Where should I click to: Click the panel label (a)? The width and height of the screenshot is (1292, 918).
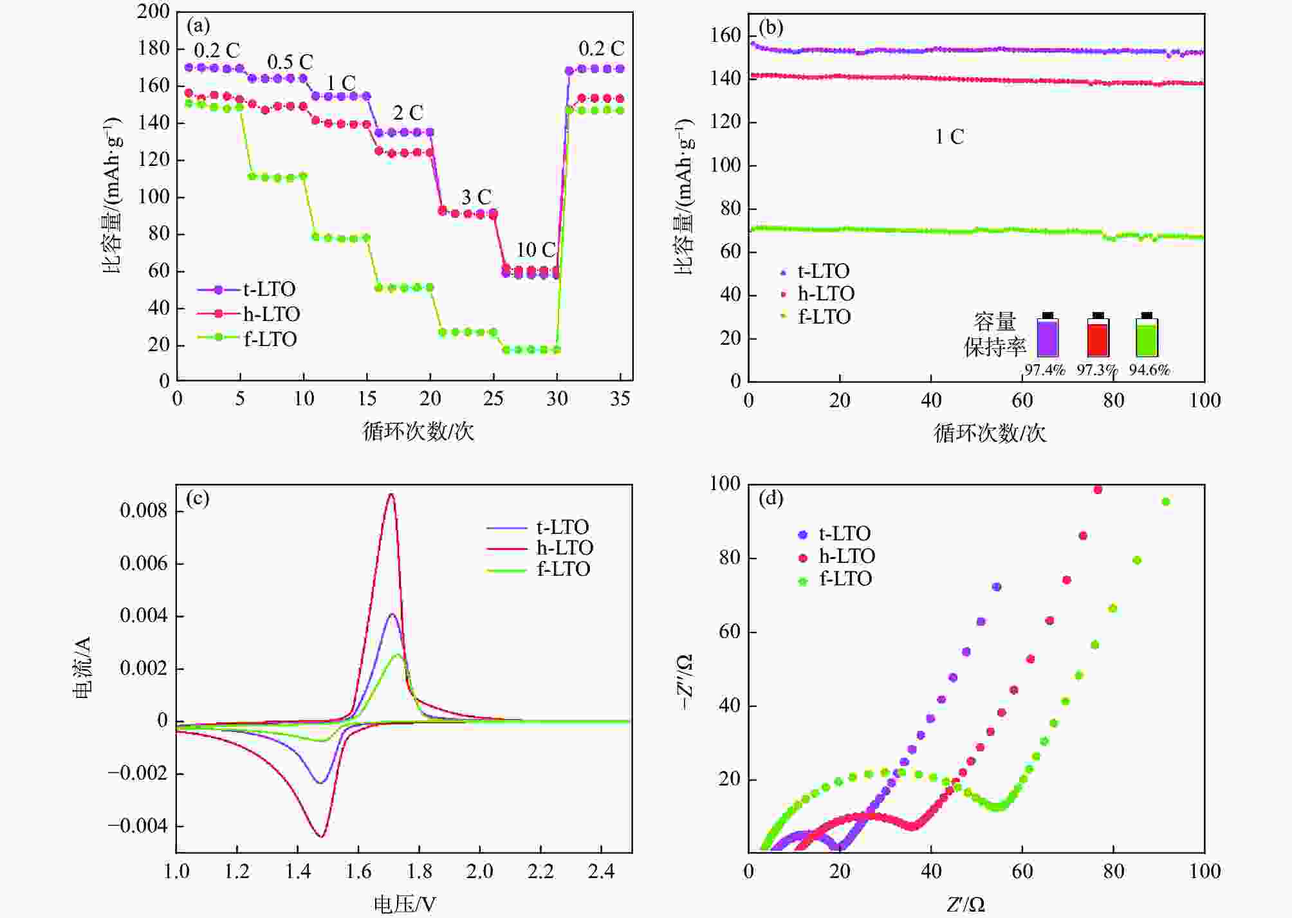tap(198, 26)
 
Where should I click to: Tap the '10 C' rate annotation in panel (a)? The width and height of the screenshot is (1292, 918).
tap(535, 250)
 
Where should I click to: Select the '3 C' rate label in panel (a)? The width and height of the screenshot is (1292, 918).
tap(476, 197)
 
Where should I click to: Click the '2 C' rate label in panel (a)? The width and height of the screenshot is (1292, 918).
tap(408, 113)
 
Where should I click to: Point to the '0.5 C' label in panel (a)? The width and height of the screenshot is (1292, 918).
tap(290, 62)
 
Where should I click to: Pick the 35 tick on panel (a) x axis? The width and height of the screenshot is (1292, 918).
tap(620, 399)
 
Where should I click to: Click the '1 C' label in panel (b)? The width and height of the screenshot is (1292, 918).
tap(949, 137)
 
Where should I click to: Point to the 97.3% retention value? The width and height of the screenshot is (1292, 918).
tap(1097, 370)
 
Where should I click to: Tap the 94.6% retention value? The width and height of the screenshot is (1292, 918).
tap(1149, 370)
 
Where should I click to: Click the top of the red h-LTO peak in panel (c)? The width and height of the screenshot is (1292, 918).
tap(391, 494)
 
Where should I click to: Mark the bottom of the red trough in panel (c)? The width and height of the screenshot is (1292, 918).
tap(321, 836)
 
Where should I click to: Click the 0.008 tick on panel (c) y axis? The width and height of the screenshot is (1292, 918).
tap(143, 511)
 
